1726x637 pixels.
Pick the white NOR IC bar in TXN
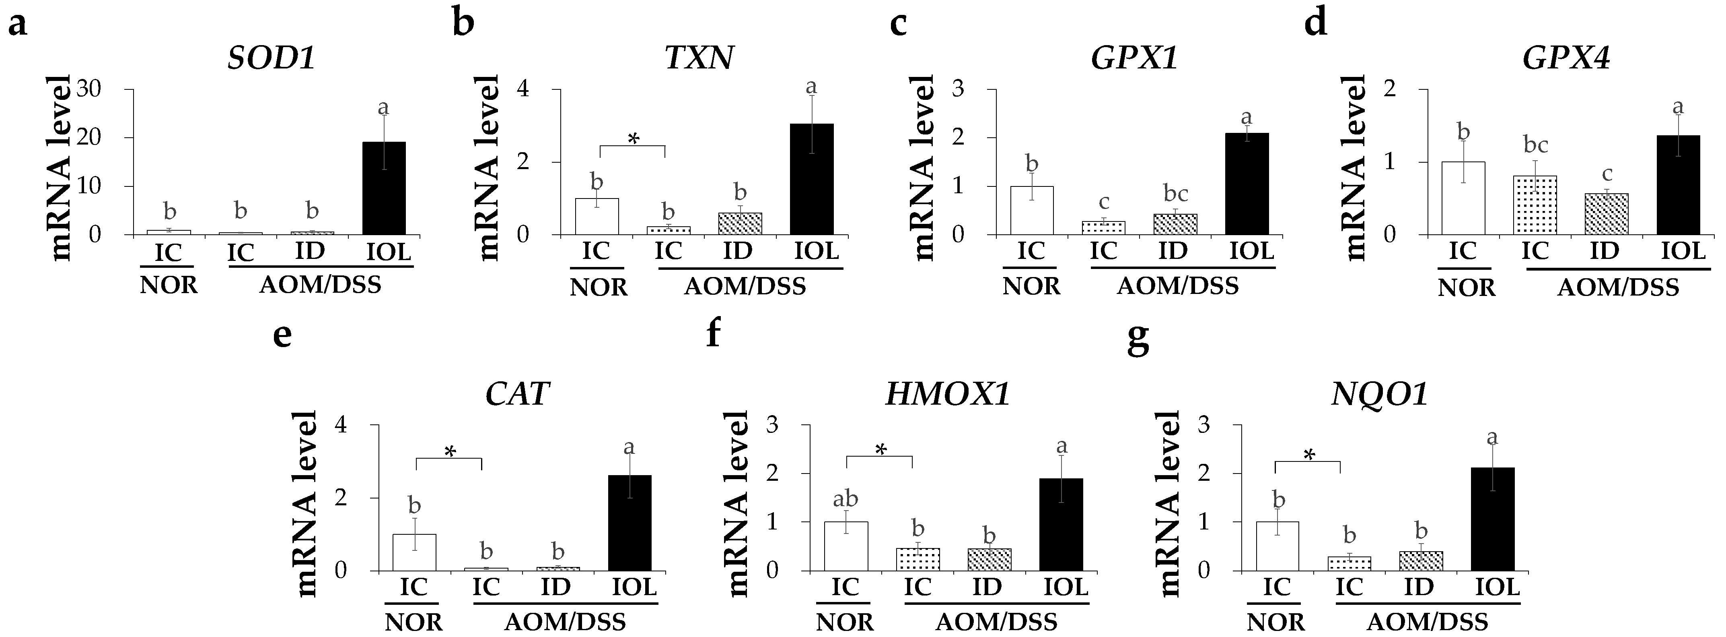[597, 217]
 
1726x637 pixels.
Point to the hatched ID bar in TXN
[740, 224]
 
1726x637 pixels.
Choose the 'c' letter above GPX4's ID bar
[1606, 174]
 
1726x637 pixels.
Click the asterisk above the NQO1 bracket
[1308, 456]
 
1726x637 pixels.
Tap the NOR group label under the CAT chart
[414, 622]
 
